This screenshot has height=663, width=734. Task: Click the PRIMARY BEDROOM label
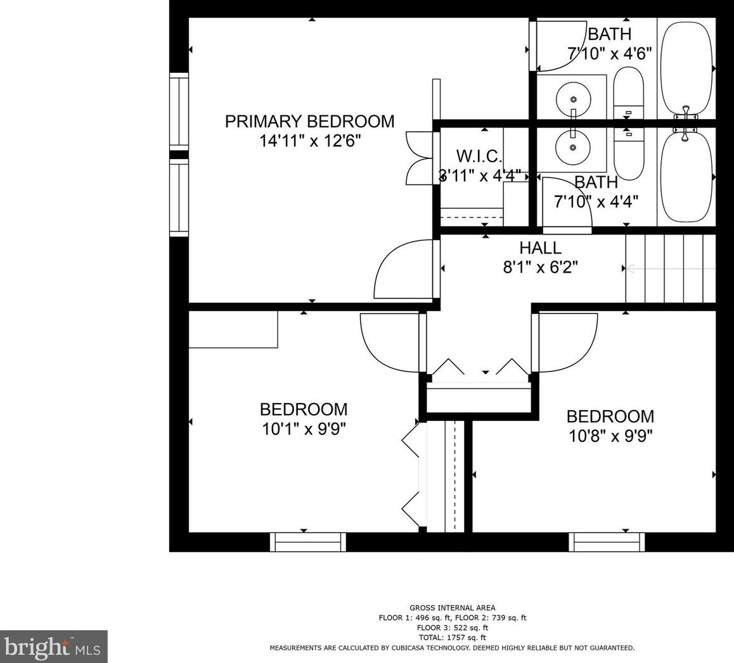click(x=309, y=121)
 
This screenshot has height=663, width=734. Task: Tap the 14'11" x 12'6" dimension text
click(x=311, y=141)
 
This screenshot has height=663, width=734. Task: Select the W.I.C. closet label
click(x=479, y=155)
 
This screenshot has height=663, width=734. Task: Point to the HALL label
click(x=540, y=248)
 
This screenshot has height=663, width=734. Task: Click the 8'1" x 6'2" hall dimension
click(x=540, y=267)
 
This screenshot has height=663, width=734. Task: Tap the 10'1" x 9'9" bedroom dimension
click(x=304, y=429)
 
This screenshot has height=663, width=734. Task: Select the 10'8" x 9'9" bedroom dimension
click(x=610, y=436)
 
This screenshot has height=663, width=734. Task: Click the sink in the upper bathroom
click(x=573, y=99)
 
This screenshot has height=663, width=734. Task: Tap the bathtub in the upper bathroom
click(x=686, y=69)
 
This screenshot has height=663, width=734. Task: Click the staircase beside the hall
click(x=671, y=269)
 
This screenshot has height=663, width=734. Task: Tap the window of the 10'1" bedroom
click(x=307, y=542)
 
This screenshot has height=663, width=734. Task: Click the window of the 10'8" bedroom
click(x=607, y=542)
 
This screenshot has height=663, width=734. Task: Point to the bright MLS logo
click(x=53, y=647)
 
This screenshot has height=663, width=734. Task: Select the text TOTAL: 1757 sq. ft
click(x=452, y=637)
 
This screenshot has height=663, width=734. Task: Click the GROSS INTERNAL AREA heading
click(x=452, y=608)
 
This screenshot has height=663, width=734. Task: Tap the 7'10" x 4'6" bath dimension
click(x=610, y=53)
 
